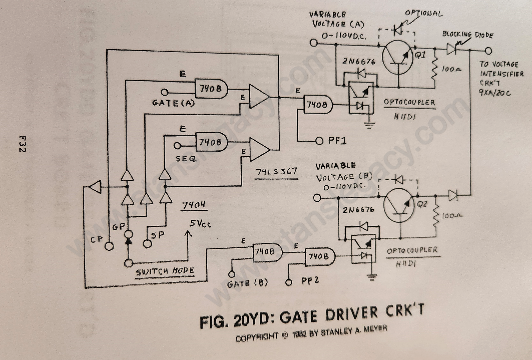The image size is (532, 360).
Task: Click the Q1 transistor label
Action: (x=420, y=55)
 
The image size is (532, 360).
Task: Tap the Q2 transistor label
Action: (x=422, y=204)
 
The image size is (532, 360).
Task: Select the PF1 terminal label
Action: (x=337, y=140)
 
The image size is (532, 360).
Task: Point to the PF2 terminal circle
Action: (x=289, y=282)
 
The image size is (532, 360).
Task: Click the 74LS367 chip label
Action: (x=276, y=172)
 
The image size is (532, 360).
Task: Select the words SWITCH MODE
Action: (x=165, y=272)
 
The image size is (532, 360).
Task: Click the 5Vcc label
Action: (x=200, y=224)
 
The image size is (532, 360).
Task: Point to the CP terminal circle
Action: (x=109, y=246)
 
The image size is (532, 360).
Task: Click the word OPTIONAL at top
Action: (x=423, y=13)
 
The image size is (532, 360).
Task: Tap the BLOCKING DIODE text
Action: (x=467, y=34)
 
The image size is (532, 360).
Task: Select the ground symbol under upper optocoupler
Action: (x=369, y=124)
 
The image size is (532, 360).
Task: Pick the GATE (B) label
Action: (x=247, y=283)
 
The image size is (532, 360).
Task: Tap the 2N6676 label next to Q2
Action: (x=358, y=210)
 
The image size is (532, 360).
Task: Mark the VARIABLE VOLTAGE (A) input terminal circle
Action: (x=314, y=43)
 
